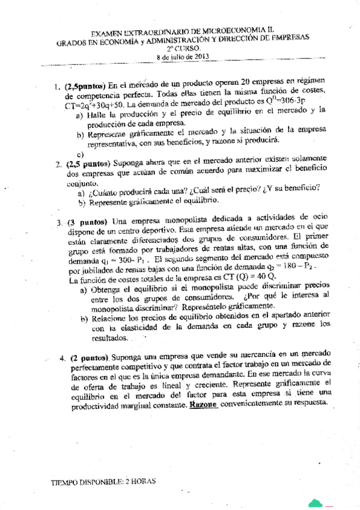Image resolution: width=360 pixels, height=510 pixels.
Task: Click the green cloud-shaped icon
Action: point(315,503)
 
